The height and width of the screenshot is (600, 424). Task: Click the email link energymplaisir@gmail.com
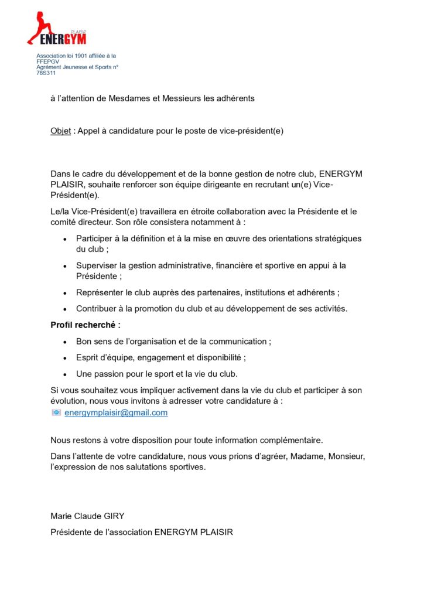pos(116,412)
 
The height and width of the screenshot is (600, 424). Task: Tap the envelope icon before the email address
pos(56,412)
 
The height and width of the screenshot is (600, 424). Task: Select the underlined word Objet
pos(60,131)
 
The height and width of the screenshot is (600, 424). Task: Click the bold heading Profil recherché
pos(86,325)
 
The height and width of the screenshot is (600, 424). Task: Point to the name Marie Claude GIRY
pos(88,516)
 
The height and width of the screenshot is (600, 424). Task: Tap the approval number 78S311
pos(46,73)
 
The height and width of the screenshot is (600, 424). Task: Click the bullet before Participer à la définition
pos(64,239)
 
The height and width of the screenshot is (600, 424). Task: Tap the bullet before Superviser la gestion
pos(64,266)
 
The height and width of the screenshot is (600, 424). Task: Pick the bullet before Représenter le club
pos(64,292)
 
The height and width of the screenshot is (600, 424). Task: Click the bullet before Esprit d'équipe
pos(64,357)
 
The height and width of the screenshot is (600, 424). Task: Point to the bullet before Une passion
pos(64,374)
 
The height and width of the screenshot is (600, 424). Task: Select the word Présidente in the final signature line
pos(72,533)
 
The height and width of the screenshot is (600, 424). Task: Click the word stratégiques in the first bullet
pos(335,238)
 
